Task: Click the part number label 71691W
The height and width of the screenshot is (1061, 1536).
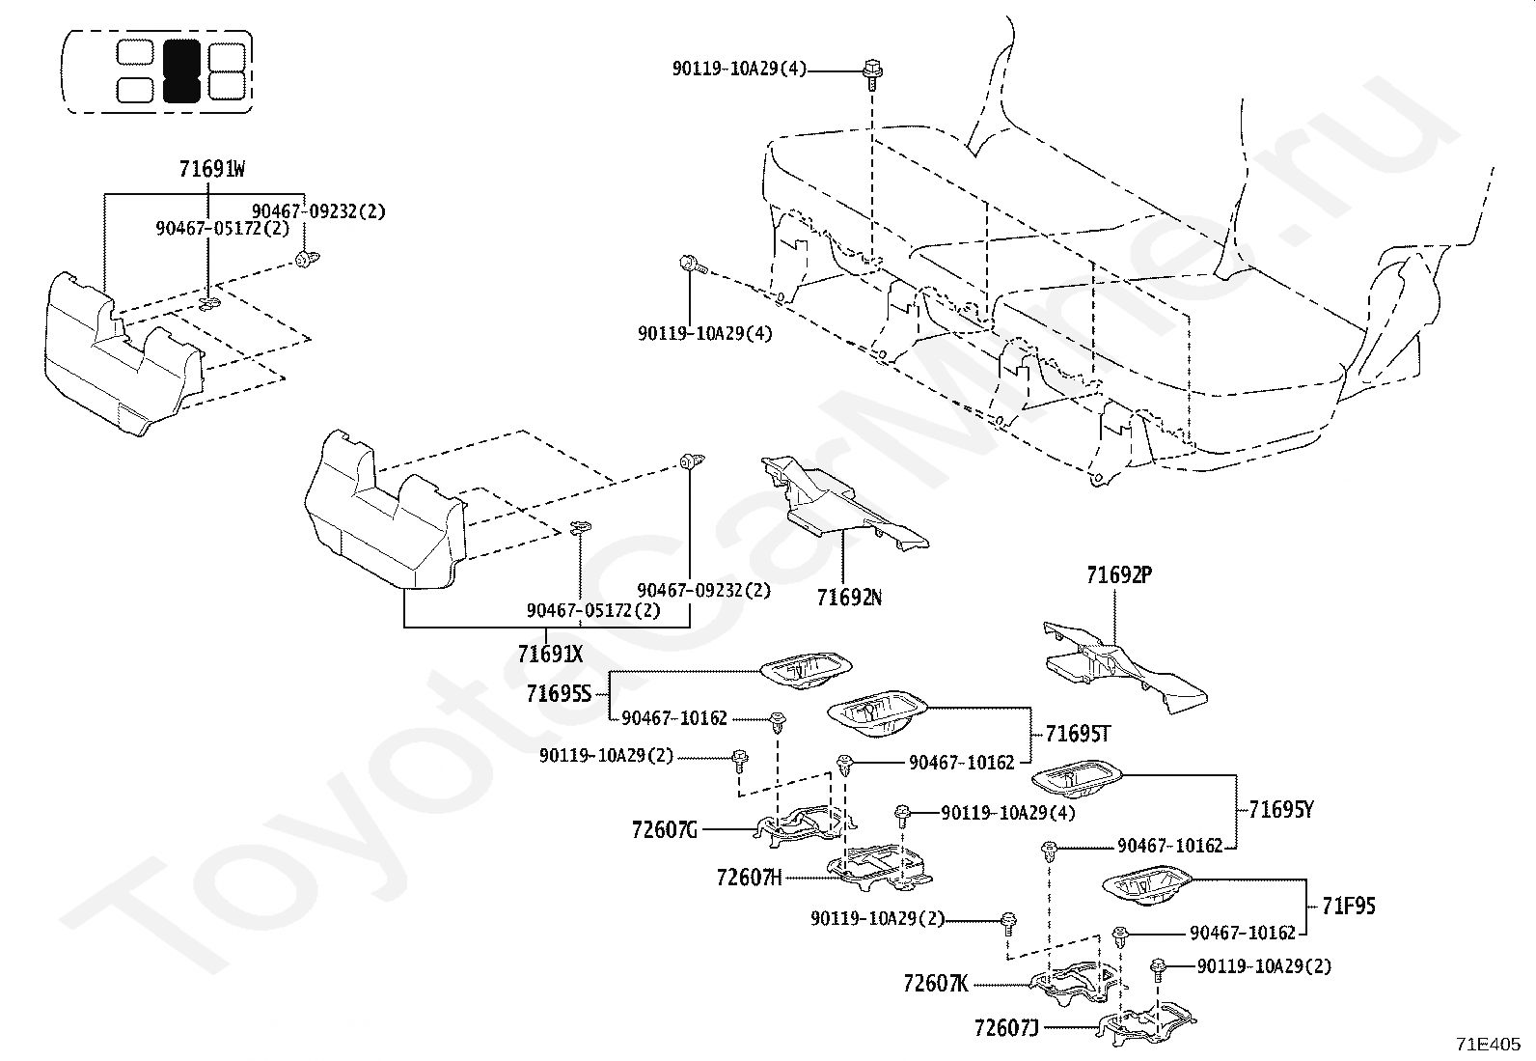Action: coord(212,169)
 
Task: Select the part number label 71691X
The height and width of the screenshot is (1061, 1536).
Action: coord(550,654)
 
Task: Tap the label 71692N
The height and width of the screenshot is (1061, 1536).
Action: coord(849,598)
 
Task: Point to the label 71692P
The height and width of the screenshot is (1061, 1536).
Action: coord(1119,575)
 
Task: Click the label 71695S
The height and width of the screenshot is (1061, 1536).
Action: coord(559,694)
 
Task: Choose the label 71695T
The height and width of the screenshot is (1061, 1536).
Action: coord(1078,735)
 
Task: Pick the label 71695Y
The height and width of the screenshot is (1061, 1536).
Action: coord(1281,810)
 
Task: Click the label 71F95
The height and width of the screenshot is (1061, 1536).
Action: coord(1348,906)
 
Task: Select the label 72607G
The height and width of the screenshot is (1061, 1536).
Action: coord(665,830)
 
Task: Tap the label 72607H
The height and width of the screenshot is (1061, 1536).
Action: coord(749,878)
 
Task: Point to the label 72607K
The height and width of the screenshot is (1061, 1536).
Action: coord(936,984)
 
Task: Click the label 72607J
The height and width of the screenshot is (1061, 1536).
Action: coord(1006,1028)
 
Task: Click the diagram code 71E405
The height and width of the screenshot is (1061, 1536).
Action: coord(1488,1044)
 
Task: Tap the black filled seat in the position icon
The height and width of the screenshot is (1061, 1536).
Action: coord(181,70)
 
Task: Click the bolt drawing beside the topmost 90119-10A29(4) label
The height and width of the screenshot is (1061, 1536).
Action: coord(872,74)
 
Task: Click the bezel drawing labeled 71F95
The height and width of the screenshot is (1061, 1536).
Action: coord(1146,885)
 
